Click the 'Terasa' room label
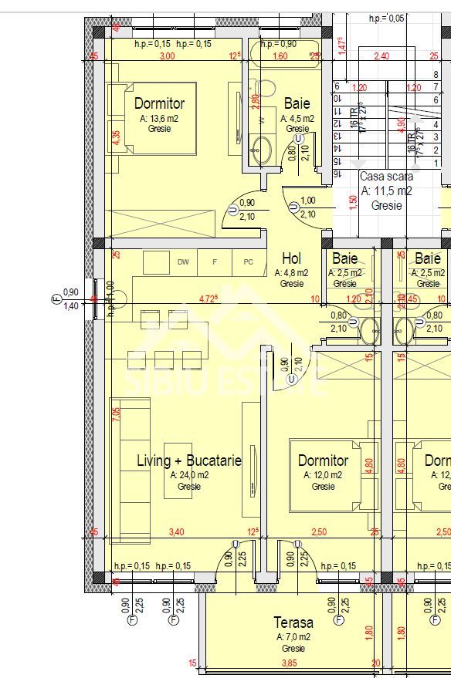click(x=293, y=622)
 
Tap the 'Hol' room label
click(x=292, y=258)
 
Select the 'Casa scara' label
click(x=386, y=177)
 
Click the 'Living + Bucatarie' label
click(x=189, y=460)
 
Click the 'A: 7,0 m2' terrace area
click(x=293, y=637)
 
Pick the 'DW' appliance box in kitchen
click(x=183, y=262)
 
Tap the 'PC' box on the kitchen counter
click(x=248, y=262)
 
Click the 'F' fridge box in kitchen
click(x=215, y=262)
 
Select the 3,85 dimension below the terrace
click(x=289, y=663)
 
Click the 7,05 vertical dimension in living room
click(x=117, y=413)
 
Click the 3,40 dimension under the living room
click(x=176, y=532)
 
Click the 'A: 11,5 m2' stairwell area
click(x=386, y=191)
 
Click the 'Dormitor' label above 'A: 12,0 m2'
click(x=324, y=460)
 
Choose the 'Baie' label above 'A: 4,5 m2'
click(x=297, y=103)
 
